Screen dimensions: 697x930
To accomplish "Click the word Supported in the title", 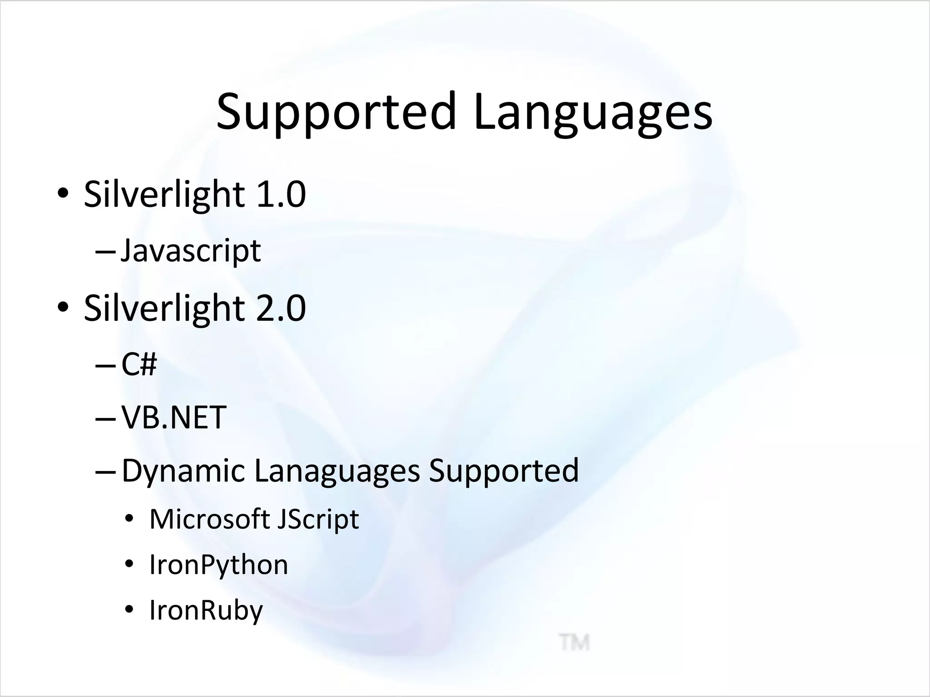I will coord(336,112).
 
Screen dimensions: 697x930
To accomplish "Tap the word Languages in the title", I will coord(593,112).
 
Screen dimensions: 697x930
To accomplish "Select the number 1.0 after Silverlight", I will coord(281,194).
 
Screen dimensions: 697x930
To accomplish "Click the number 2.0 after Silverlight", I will coord(281,308).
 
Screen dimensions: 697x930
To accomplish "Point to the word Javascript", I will coord(191,251).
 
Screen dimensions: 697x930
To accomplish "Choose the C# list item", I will coord(139,364).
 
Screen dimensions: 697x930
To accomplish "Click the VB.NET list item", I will coord(174,417).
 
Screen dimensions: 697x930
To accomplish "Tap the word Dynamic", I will coord(183,471).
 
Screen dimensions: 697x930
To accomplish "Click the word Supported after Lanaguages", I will coord(504,471).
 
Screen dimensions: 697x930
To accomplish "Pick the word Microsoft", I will coord(210,519).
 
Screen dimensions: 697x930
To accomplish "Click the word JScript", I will coord(318,519).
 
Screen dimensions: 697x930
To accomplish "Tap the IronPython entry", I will coord(218,565).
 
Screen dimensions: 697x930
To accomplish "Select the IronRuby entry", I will coord(206,610).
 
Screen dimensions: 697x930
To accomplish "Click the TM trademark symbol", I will coord(574,643).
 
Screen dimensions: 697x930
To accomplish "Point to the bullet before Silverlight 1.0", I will coord(63,194).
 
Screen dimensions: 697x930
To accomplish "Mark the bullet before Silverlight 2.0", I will coord(63,308).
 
